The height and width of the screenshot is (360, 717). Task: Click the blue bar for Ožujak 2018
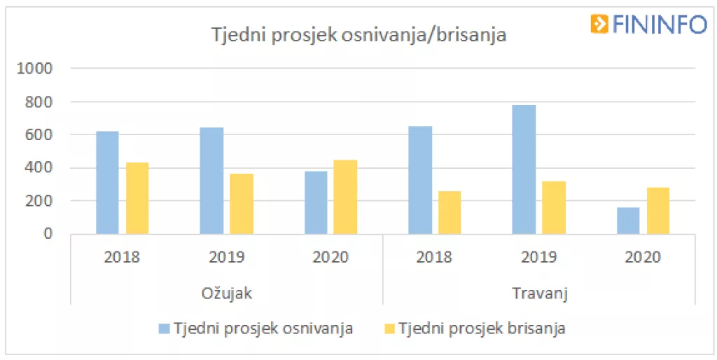[x=107, y=182]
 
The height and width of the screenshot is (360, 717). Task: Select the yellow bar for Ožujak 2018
[x=137, y=198]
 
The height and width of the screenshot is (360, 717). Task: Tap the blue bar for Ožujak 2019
[x=211, y=181]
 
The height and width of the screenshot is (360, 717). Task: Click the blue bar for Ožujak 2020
[x=316, y=202]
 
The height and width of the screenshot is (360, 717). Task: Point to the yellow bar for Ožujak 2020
[x=345, y=197]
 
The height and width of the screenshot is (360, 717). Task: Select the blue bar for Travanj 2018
[x=420, y=180]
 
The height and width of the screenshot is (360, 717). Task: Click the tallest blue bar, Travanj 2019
[x=524, y=169]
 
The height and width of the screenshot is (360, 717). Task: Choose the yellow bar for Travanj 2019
[x=554, y=207]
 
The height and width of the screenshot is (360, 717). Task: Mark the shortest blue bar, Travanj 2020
[x=628, y=221]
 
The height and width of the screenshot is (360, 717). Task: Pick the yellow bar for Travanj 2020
[x=658, y=211]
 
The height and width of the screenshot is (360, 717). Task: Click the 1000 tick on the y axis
[x=39, y=69]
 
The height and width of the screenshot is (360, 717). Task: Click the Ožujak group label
[x=226, y=293]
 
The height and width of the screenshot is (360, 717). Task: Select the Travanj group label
[x=539, y=293]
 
